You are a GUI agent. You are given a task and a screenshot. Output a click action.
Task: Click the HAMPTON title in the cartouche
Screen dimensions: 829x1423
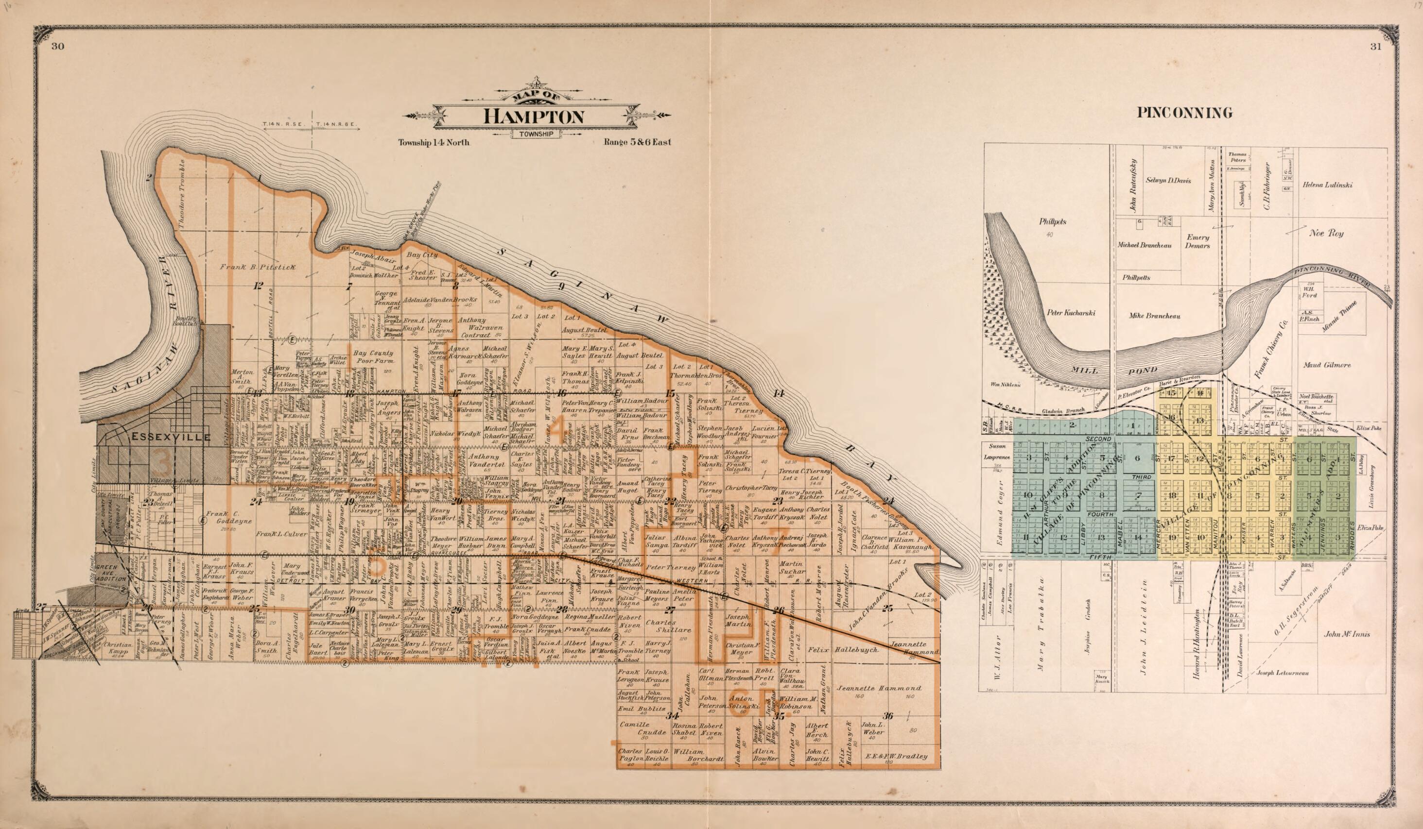(x=533, y=116)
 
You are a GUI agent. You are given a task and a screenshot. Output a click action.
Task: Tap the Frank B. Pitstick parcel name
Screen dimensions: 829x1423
(x=257, y=266)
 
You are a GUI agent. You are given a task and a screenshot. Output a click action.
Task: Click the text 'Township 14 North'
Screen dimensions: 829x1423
(x=433, y=142)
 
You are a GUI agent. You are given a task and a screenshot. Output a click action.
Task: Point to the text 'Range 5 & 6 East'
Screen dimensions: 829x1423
(x=637, y=142)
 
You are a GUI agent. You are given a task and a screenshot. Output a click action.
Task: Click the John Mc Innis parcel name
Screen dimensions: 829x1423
(x=1347, y=634)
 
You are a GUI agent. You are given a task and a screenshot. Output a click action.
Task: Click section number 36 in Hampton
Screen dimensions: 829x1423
(x=888, y=716)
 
